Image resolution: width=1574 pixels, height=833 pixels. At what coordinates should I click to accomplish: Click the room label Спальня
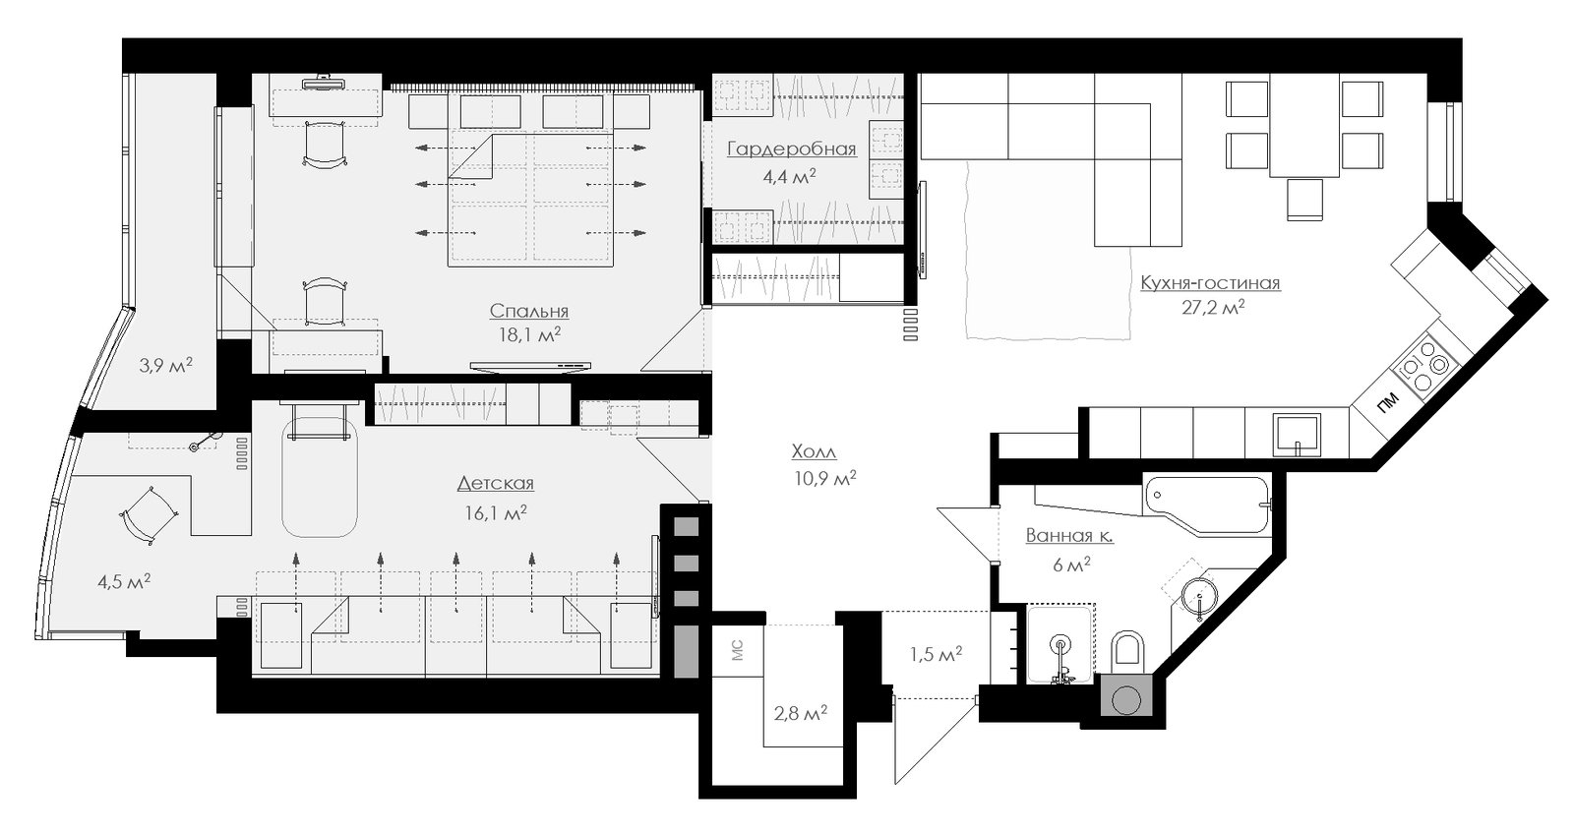[528, 311]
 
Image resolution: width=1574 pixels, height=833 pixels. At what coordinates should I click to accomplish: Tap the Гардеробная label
[791, 149]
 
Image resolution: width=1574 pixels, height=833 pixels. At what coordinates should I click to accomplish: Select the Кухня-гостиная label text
[1210, 283]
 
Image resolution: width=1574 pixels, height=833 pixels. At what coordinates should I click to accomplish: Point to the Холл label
[814, 450]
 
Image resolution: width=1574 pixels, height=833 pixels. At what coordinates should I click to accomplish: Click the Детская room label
[496, 484]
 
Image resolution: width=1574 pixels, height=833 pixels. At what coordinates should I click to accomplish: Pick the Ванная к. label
[1069, 536]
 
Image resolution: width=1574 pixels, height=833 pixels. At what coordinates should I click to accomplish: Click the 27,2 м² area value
[1214, 308]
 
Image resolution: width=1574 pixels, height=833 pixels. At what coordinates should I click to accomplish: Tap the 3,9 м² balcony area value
[165, 365]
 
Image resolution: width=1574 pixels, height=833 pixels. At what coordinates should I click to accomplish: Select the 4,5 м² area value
[124, 581]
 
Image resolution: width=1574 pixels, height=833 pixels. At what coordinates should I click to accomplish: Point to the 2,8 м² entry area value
[801, 714]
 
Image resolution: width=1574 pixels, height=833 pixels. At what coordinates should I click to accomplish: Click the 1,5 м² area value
[936, 655]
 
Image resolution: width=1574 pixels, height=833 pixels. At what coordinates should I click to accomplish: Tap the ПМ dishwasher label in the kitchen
[1387, 402]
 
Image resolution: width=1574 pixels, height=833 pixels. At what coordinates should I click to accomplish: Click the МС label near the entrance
[737, 651]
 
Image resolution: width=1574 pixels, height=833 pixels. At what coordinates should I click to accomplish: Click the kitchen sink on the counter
[1298, 436]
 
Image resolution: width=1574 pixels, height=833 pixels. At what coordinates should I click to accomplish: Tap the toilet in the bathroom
[1128, 650]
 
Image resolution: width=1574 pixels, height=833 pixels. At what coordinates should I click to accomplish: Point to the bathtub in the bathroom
[1209, 503]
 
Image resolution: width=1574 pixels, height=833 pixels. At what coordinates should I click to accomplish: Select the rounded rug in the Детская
[320, 478]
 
